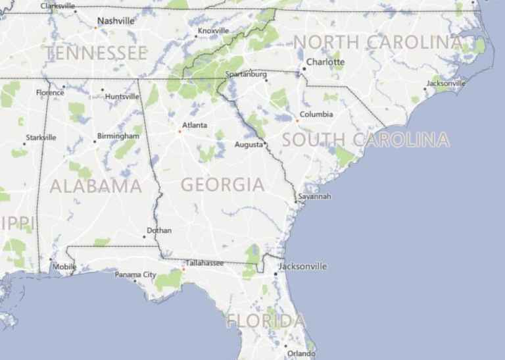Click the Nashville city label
[x=116, y=21]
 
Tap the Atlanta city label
[x=195, y=125]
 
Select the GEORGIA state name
[x=222, y=185]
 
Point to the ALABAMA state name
[x=96, y=186]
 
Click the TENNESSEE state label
[x=96, y=53]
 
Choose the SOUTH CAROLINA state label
[x=366, y=140]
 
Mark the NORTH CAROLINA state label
[x=377, y=43]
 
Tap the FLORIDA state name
[x=266, y=321]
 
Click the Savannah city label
[x=314, y=196]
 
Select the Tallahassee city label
[x=204, y=263]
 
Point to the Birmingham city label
[x=118, y=136]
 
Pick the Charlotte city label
[x=325, y=63]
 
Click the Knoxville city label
[x=214, y=30]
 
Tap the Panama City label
[x=136, y=274]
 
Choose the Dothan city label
[x=160, y=230]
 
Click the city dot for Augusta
[x=265, y=144]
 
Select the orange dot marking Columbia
[x=297, y=120]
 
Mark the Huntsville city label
[x=123, y=97]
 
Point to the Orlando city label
[x=302, y=353]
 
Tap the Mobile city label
[x=64, y=267]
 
